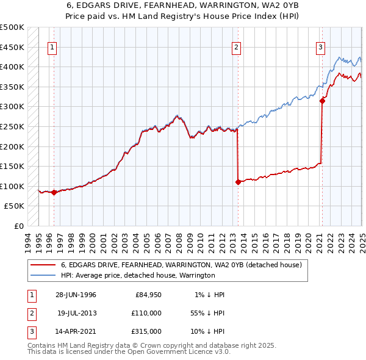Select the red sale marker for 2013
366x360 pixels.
[238, 182]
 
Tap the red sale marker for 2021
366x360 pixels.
[322, 101]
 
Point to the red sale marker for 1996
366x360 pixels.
[54, 192]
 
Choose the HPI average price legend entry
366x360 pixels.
[137, 275]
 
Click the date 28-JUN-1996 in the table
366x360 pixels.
[75, 295]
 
